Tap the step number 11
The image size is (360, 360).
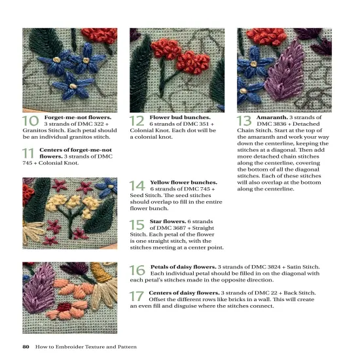(x=28, y=154)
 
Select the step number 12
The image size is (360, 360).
(x=137, y=121)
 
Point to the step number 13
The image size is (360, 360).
(x=244, y=121)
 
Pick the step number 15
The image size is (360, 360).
(x=137, y=226)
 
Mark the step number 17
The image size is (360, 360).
(x=137, y=295)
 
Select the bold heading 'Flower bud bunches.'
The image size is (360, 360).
(x=176, y=117)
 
